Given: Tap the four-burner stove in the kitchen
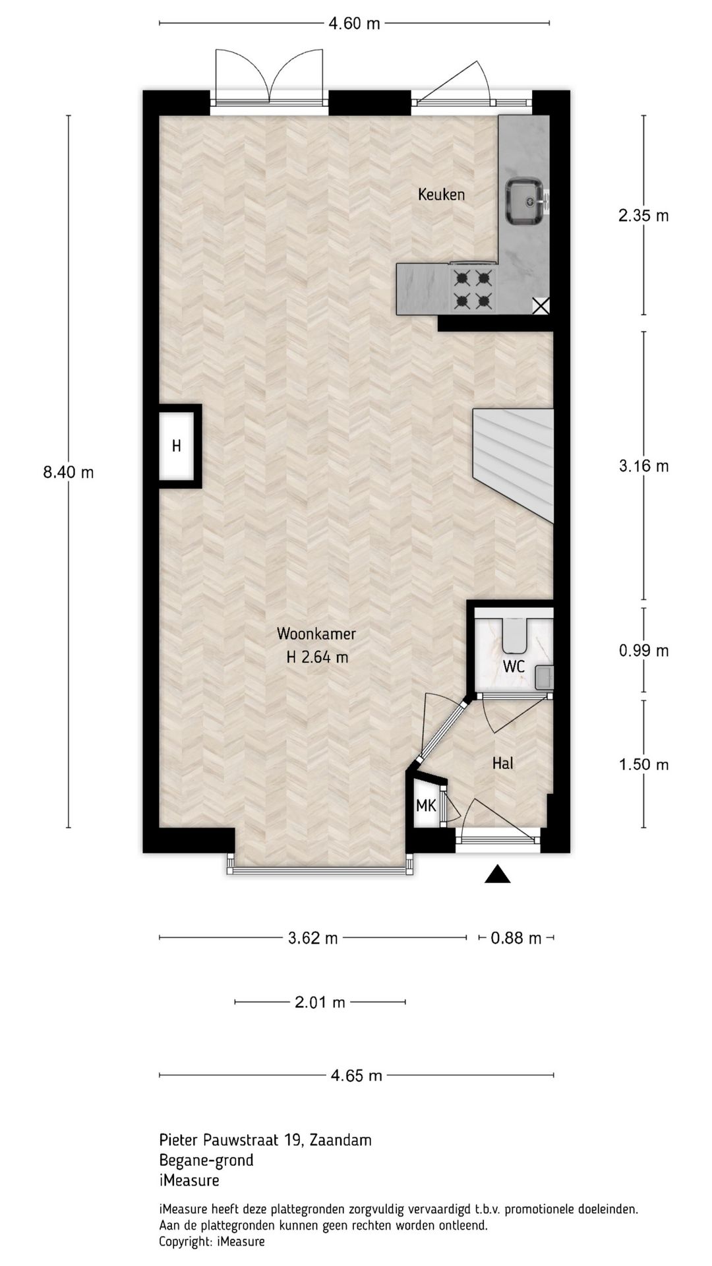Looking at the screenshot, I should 473,289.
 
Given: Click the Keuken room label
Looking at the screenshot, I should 441,195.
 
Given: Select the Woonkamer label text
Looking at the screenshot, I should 316,634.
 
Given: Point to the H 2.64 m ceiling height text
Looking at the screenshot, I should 317,657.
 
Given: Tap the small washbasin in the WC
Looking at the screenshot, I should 544,677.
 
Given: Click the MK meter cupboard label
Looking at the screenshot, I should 426,805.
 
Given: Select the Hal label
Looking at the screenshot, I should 503,764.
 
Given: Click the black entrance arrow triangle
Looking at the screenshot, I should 498,874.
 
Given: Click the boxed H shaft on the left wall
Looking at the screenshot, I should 177,446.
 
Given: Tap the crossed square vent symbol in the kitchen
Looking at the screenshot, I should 541,305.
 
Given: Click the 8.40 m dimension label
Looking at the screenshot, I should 69,472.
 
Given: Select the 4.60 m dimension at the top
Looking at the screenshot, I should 355,24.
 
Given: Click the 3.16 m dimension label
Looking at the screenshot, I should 643,466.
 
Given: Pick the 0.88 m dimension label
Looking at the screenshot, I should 516,938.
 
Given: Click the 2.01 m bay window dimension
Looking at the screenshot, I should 320,1002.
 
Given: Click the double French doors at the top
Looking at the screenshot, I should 269,79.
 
